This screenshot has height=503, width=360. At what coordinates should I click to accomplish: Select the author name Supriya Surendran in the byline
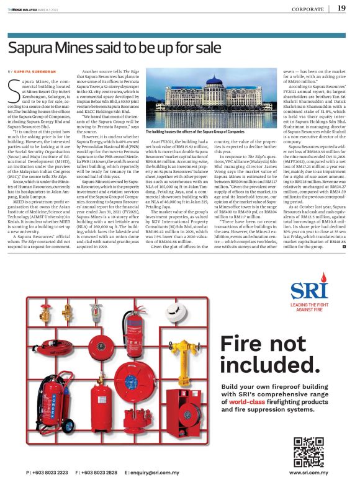click(x=45, y=73)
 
